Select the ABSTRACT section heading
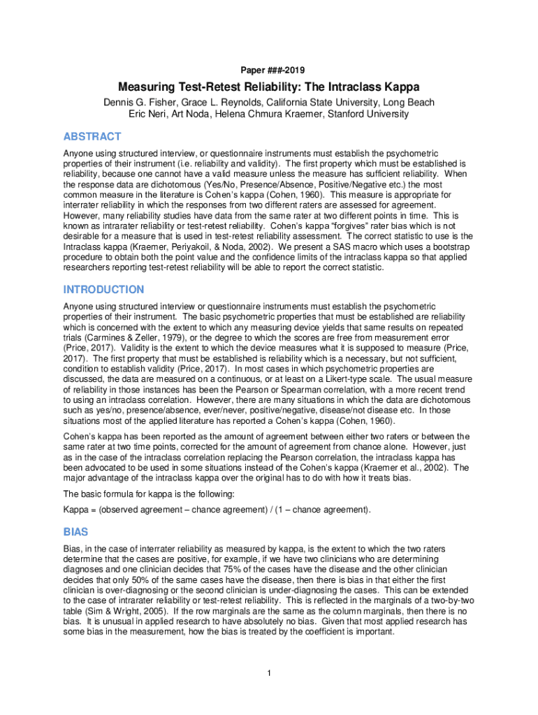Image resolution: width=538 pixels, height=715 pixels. point(92,136)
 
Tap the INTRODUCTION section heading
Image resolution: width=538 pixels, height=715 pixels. point(103,289)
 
